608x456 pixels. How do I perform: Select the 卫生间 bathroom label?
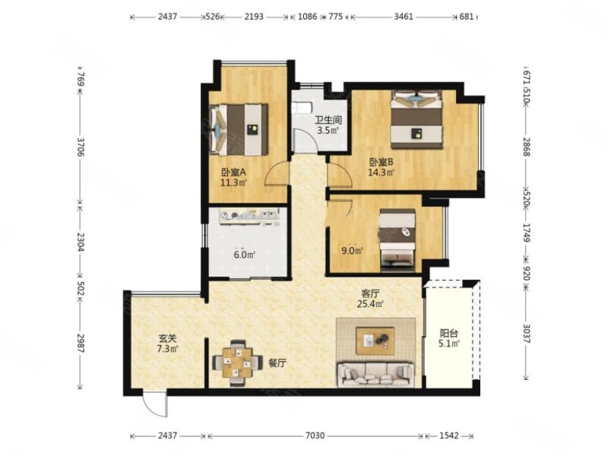click(328, 120)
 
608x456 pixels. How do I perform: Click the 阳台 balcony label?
click(449, 332)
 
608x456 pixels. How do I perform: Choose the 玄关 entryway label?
click(169, 338)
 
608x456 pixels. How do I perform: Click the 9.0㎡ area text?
click(352, 250)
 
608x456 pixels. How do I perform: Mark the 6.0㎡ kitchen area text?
click(244, 255)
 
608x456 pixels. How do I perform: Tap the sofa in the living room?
click(376, 374)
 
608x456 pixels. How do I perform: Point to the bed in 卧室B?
click(416, 119)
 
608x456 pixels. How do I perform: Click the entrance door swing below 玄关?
click(154, 404)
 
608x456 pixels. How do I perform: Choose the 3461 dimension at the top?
click(404, 16)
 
